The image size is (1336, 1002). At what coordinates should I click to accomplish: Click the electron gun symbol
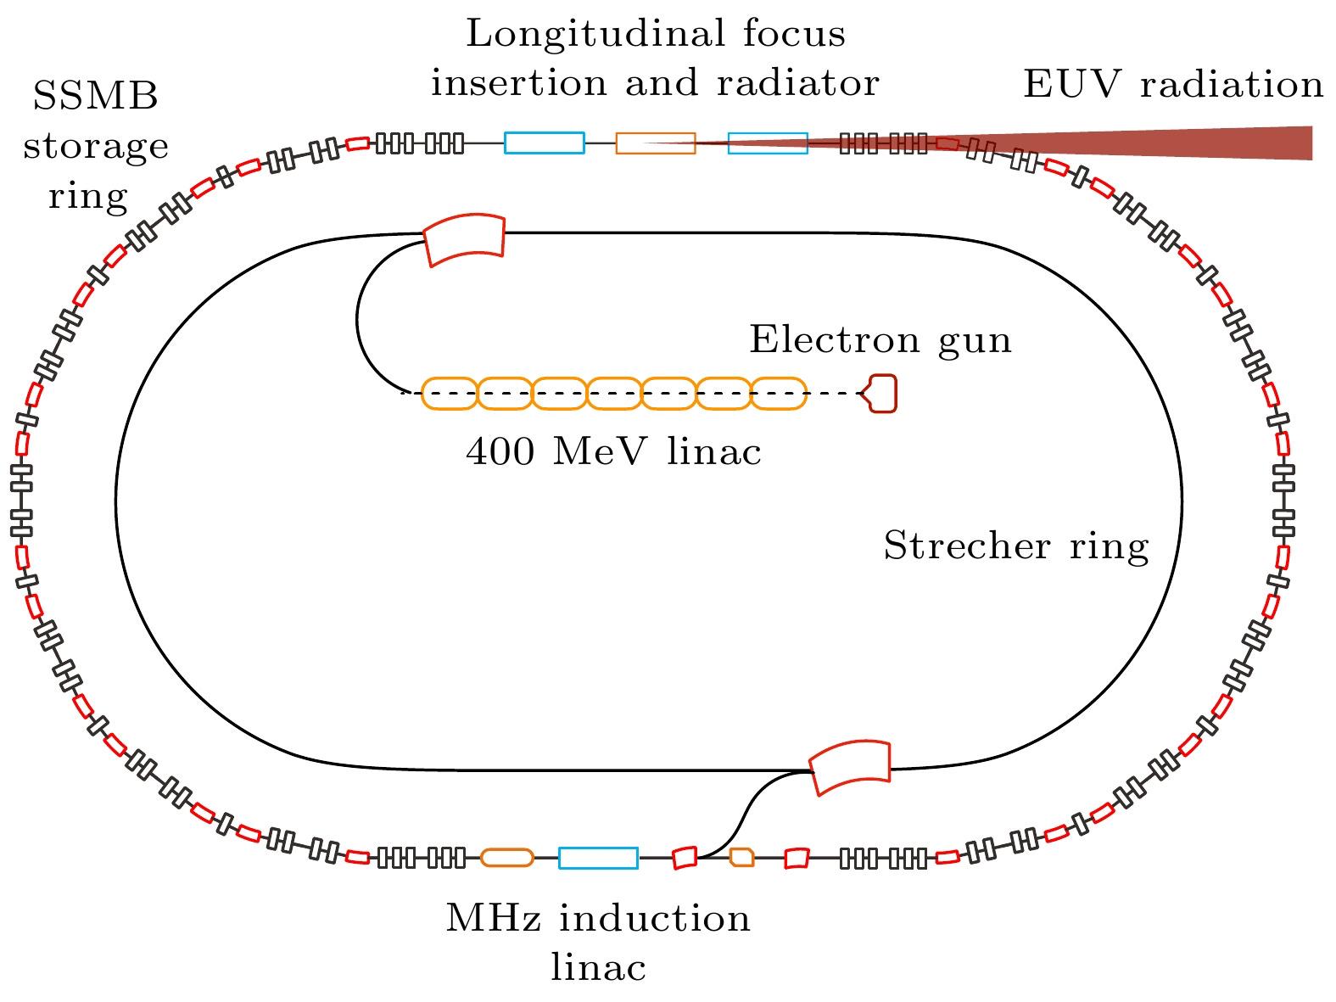pyautogui.click(x=881, y=394)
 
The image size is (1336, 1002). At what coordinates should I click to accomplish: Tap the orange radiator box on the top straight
pyautogui.click(x=656, y=143)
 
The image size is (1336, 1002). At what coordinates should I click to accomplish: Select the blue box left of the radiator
pyautogui.click(x=545, y=143)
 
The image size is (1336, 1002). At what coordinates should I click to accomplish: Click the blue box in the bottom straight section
pyautogui.click(x=598, y=858)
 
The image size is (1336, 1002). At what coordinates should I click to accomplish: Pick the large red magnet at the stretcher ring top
pyautogui.click(x=465, y=240)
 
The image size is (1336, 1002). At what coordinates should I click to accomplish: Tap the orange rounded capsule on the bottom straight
pyautogui.click(x=507, y=858)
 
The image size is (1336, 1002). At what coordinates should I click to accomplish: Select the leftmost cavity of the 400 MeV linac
pyautogui.click(x=450, y=394)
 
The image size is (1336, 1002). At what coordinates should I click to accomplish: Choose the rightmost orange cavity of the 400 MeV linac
pyautogui.click(x=779, y=394)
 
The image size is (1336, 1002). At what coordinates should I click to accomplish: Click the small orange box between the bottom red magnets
pyautogui.click(x=742, y=857)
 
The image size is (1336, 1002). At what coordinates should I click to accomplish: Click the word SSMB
pyautogui.click(x=95, y=97)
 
